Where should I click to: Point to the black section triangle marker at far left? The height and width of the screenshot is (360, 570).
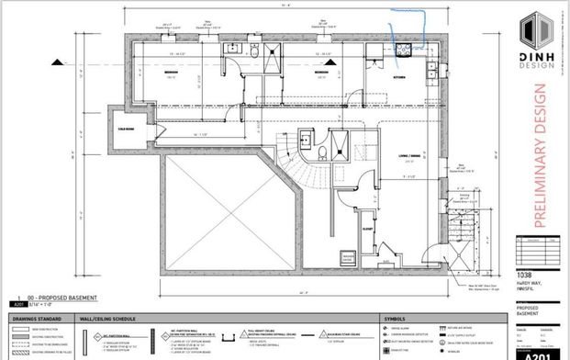tap(59, 62)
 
